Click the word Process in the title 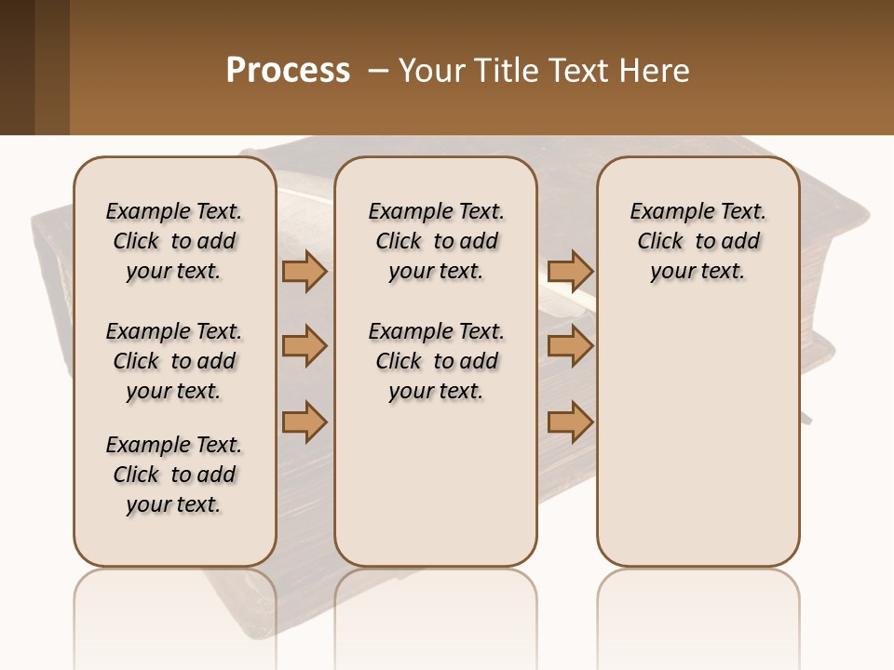pos(288,70)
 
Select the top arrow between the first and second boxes pos(305,271)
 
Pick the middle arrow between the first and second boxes pos(305,346)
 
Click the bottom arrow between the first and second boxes pos(305,422)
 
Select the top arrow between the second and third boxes pos(570,271)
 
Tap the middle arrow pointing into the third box pos(570,346)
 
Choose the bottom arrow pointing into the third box pos(570,422)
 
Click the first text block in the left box pos(174,241)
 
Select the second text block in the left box pos(174,361)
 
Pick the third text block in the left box pos(174,475)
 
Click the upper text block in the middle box pos(436,241)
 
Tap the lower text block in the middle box pos(436,361)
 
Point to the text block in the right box pos(698,241)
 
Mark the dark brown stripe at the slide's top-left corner pos(17,67)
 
